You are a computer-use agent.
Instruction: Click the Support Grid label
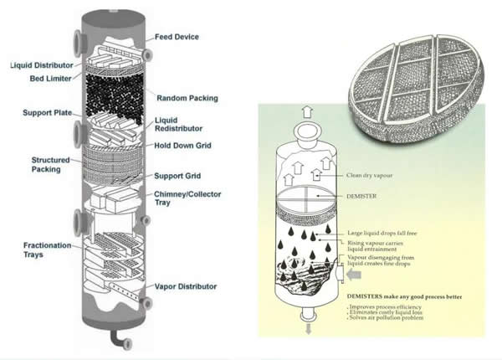click(x=178, y=176)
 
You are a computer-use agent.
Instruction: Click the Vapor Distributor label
click(x=187, y=286)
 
